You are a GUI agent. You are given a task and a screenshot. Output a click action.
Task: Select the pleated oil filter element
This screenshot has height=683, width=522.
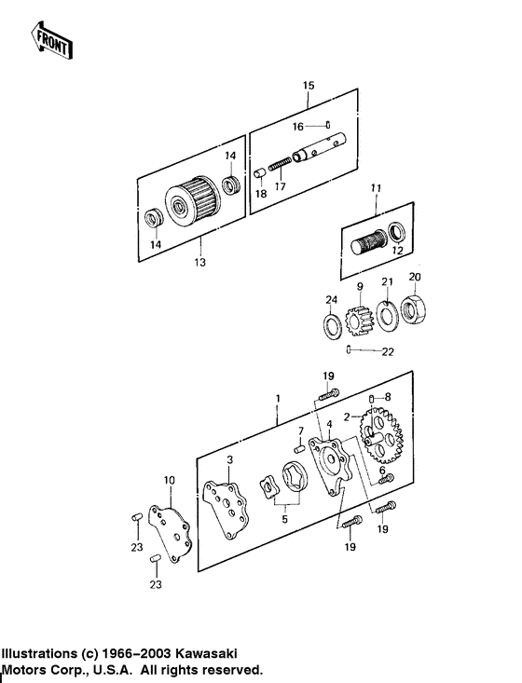coord(191,201)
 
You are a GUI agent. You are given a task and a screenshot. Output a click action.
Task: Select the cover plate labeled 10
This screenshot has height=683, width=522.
coord(172,530)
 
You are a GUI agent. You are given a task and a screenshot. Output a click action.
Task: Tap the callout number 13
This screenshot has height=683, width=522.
coord(199,262)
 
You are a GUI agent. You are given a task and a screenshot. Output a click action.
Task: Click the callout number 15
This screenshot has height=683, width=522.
coord(309,86)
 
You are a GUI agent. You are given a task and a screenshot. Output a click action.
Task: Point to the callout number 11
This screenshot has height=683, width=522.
coord(375,189)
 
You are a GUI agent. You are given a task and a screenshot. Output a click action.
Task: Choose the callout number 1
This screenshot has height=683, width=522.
coord(277,398)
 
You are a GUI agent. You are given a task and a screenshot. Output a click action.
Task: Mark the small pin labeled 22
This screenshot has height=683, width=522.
coord(348,350)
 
